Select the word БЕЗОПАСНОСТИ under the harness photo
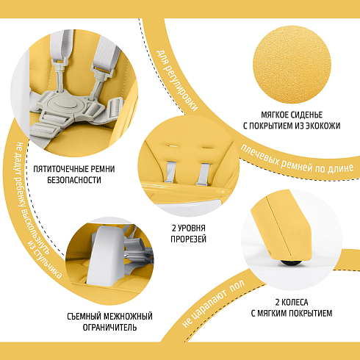pos(74,180)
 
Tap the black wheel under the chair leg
pos(291,262)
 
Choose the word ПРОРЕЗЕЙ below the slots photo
pos(188,239)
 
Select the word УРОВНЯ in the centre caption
pos(191,228)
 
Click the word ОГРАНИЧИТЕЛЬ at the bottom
pos(109,328)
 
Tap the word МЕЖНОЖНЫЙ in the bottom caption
pos(128,317)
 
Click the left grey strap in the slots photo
pos(170,172)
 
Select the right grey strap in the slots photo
pos(204,174)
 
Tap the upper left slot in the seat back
pos(172,145)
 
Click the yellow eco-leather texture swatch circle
pos(292,65)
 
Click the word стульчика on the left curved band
pos(47,263)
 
